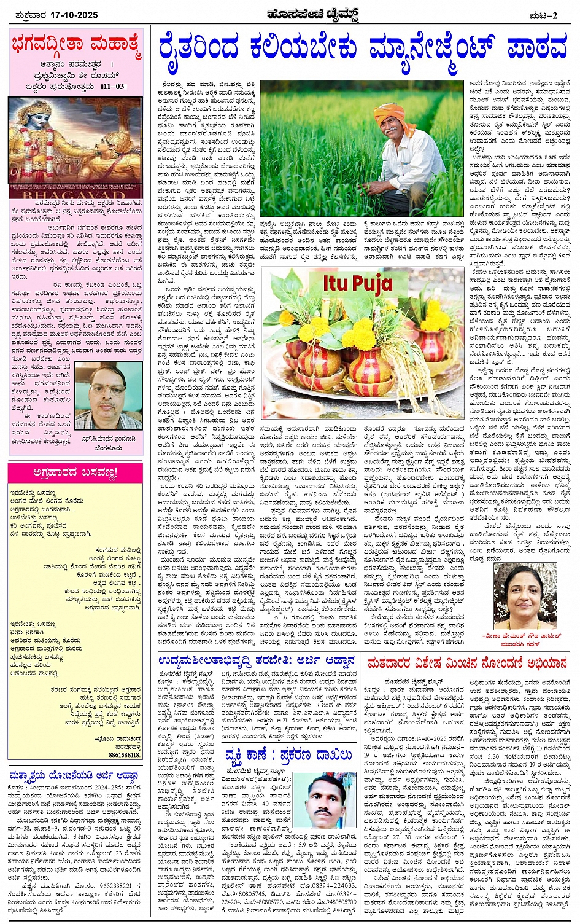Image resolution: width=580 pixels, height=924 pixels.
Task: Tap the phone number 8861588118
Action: (x=125, y=754)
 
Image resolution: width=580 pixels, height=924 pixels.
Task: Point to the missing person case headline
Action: (x=288, y=754)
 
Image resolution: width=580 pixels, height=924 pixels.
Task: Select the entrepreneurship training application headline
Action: (x=257, y=661)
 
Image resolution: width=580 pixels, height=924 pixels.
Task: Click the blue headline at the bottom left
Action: (x=74, y=775)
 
